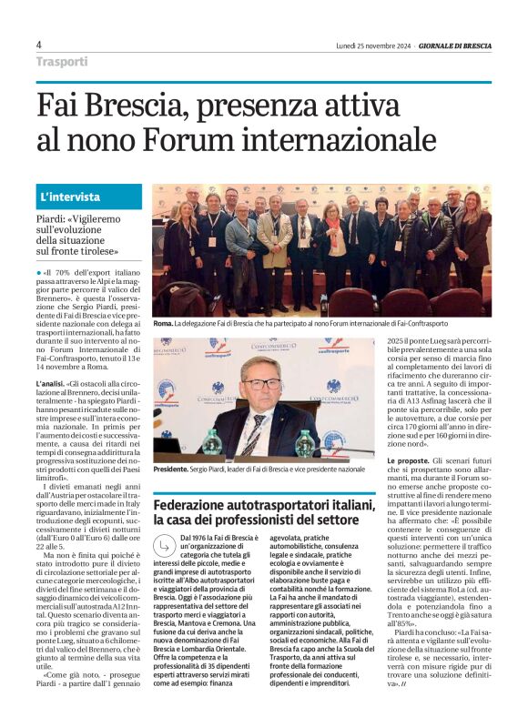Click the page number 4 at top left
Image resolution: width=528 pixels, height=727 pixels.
click(39, 45)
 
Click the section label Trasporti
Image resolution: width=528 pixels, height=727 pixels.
click(62, 62)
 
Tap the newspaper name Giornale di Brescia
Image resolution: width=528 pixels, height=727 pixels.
click(454, 45)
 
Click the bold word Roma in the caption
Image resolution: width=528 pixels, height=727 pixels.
click(162, 323)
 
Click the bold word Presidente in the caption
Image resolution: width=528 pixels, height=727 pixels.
click(170, 469)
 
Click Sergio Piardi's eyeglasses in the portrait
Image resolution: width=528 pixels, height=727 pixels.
click(264, 383)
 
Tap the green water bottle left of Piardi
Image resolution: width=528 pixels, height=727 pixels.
click(212, 442)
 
